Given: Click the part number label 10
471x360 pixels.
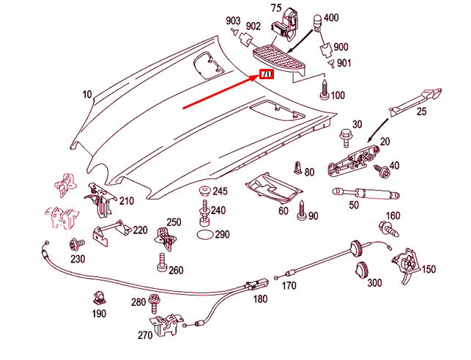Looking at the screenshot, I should coord(86,95).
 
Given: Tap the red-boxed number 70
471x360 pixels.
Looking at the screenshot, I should coord(265,75).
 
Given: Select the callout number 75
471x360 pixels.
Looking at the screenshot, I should coord(275,8).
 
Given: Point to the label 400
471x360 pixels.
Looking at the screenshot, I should coord(330,17).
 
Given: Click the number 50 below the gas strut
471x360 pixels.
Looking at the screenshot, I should coord(353,206).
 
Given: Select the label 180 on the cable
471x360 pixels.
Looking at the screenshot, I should coord(260,299).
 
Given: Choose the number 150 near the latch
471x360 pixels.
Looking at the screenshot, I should coord(428,269).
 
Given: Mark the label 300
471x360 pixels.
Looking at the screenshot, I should coord(374,283).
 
